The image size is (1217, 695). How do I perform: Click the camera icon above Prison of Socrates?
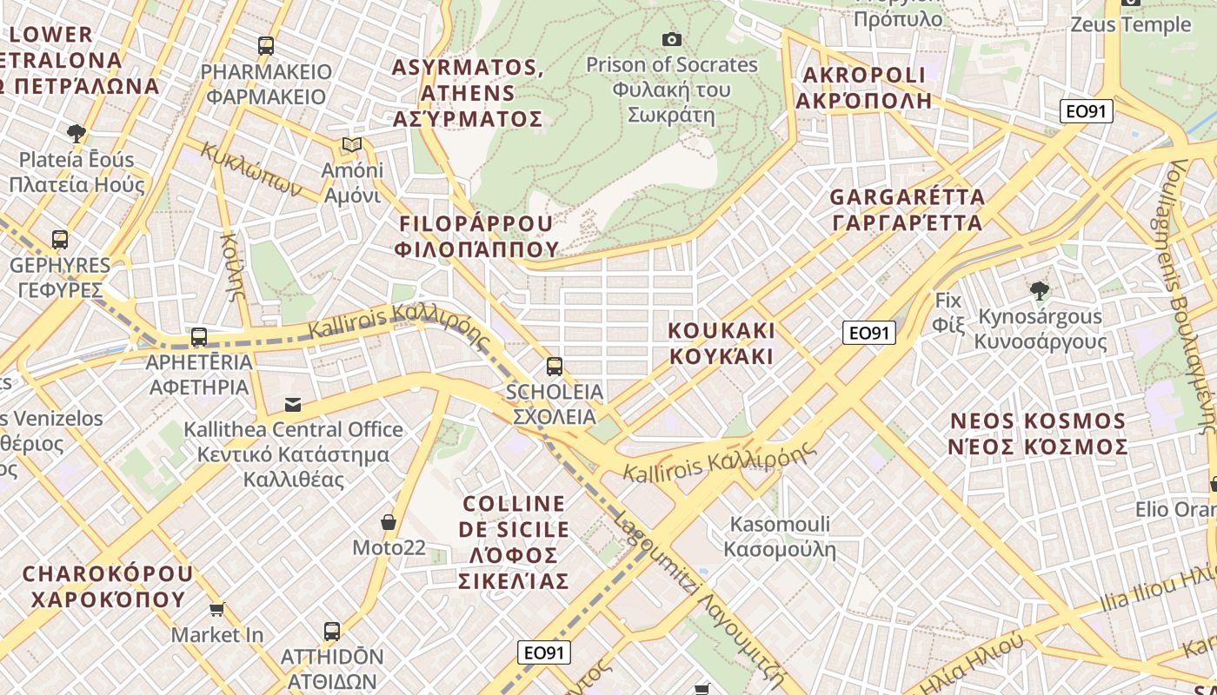tap(671, 39)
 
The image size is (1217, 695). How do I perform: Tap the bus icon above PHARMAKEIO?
tap(266, 46)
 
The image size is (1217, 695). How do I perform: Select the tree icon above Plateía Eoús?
tap(76, 134)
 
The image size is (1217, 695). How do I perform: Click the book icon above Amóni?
tap(351, 145)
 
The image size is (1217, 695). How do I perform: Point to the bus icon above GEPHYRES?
tap(60, 240)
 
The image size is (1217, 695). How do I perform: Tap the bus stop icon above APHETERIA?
tap(199, 337)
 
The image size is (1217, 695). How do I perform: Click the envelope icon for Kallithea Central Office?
tap(293, 405)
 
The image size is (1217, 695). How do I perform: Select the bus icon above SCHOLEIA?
tap(555, 367)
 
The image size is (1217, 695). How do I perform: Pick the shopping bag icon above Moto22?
tap(389, 522)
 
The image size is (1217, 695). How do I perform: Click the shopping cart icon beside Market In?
tap(217, 610)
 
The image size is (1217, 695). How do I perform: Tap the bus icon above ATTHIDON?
tap(331, 632)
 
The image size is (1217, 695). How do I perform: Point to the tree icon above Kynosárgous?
tap(1038, 291)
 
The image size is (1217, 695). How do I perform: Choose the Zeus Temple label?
tap(1130, 24)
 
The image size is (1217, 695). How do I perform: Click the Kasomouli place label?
tap(780, 537)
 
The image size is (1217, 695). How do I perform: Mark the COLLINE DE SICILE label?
tap(514, 542)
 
